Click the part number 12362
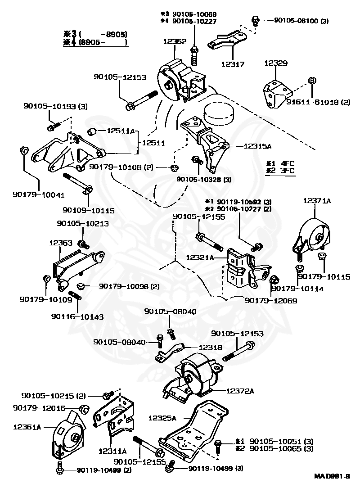pyautogui.click(x=175, y=41)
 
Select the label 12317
pyautogui.click(x=233, y=64)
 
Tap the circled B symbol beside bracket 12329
pyautogui.click(x=311, y=81)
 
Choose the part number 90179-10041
pyautogui.click(x=38, y=195)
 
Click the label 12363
pyautogui.click(x=61, y=243)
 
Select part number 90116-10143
pyautogui.click(x=77, y=316)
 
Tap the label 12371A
pyautogui.click(x=317, y=201)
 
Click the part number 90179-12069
pyautogui.click(x=271, y=300)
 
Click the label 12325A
pyautogui.click(x=163, y=418)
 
